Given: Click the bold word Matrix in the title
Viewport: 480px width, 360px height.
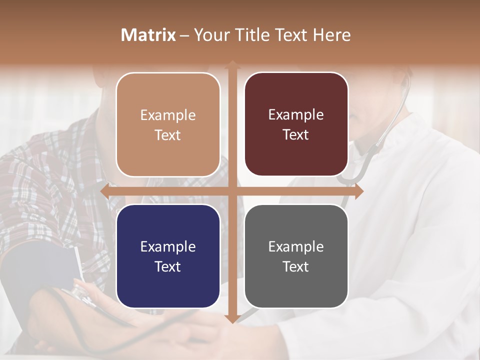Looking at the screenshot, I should point(148,35).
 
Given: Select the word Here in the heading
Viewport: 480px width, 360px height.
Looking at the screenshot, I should point(331,35).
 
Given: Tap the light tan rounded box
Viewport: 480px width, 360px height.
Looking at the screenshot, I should point(168,124).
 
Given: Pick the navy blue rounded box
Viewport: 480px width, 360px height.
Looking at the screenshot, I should point(168,256).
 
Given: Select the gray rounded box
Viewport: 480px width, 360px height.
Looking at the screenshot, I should point(296,256).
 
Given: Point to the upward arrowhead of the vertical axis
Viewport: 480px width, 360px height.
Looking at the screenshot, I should point(232,64).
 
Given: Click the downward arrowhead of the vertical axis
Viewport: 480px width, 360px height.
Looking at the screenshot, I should point(232,319).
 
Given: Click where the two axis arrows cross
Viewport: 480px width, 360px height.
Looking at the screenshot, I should point(232,191).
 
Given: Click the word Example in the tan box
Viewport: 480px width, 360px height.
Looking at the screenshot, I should point(168,115).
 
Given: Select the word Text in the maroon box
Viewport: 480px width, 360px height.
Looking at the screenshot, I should point(296,134).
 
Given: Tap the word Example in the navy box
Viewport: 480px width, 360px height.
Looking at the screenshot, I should point(168,247).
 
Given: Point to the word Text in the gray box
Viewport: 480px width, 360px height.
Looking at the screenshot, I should point(296,266).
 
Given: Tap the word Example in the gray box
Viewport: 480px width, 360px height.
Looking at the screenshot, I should point(296,247).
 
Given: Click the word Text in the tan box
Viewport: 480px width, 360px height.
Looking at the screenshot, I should point(168,135).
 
